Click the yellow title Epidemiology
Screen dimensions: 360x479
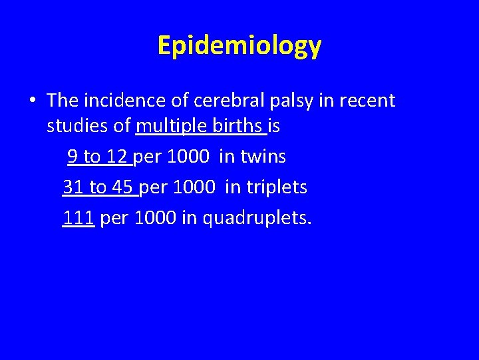(239, 45)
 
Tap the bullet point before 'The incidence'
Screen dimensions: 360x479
(32, 101)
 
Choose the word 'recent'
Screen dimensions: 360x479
(367, 101)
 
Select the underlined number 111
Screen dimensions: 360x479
(78, 217)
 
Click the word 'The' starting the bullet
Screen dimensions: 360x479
(63, 101)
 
